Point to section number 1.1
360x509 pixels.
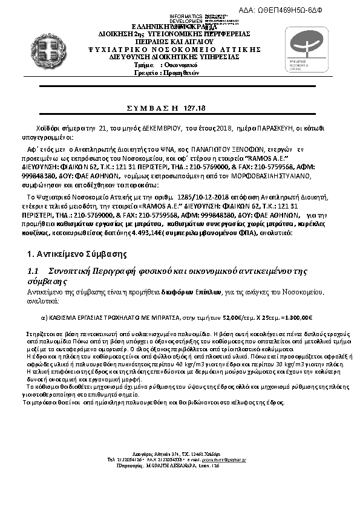pos(34,271)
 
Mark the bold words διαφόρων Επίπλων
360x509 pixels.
pos(187,292)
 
